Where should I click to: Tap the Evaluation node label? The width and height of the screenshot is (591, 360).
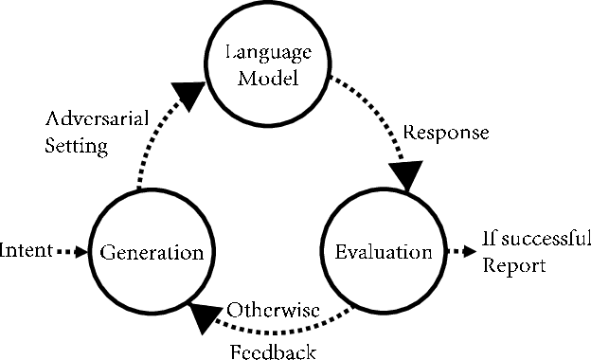pyautogui.click(x=384, y=253)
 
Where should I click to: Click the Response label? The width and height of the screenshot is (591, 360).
pyautogui.click(x=446, y=133)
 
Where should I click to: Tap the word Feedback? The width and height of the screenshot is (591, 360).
pyautogui.click(x=273, y=351)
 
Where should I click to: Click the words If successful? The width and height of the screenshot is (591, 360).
pyautogui.click(x=537, y=238)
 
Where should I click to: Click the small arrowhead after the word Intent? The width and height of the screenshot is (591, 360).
pyautogui.click(x=78, y=253)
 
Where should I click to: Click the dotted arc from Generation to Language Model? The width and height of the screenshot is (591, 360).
pyautogui.click(x=152, y=142)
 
